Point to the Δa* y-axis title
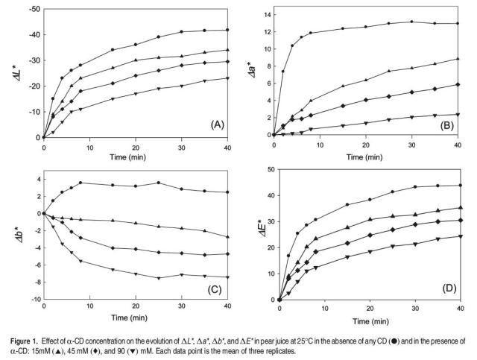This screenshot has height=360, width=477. (250, 72)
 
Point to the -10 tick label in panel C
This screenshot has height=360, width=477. (34, 300)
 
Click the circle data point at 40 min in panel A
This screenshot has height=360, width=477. (227, 31)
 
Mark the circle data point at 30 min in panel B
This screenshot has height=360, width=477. (411, 22)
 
